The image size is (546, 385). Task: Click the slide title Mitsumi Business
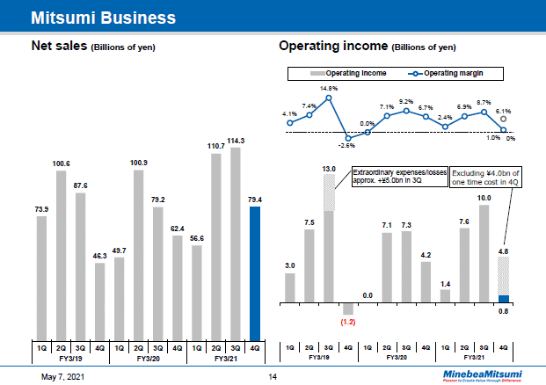click(x=102, y=17)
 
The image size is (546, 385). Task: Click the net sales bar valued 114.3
click(x=236, y=241)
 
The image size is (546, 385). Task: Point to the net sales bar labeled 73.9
click(x=41, y=276)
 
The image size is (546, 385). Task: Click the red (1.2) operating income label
click(x=346, y=323)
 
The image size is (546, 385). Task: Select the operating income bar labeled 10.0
click(x=484, y=255)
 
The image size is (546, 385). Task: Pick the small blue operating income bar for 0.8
click(x=503, y=300)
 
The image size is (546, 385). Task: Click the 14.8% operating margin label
click(x=329, y=88)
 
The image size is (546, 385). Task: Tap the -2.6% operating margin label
click(x=348, y=146)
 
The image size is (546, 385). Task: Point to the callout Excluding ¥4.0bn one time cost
click(x=486, y=178)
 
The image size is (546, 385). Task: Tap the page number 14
click(x=273, y=376)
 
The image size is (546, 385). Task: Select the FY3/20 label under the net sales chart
click(x=148, y=359)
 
